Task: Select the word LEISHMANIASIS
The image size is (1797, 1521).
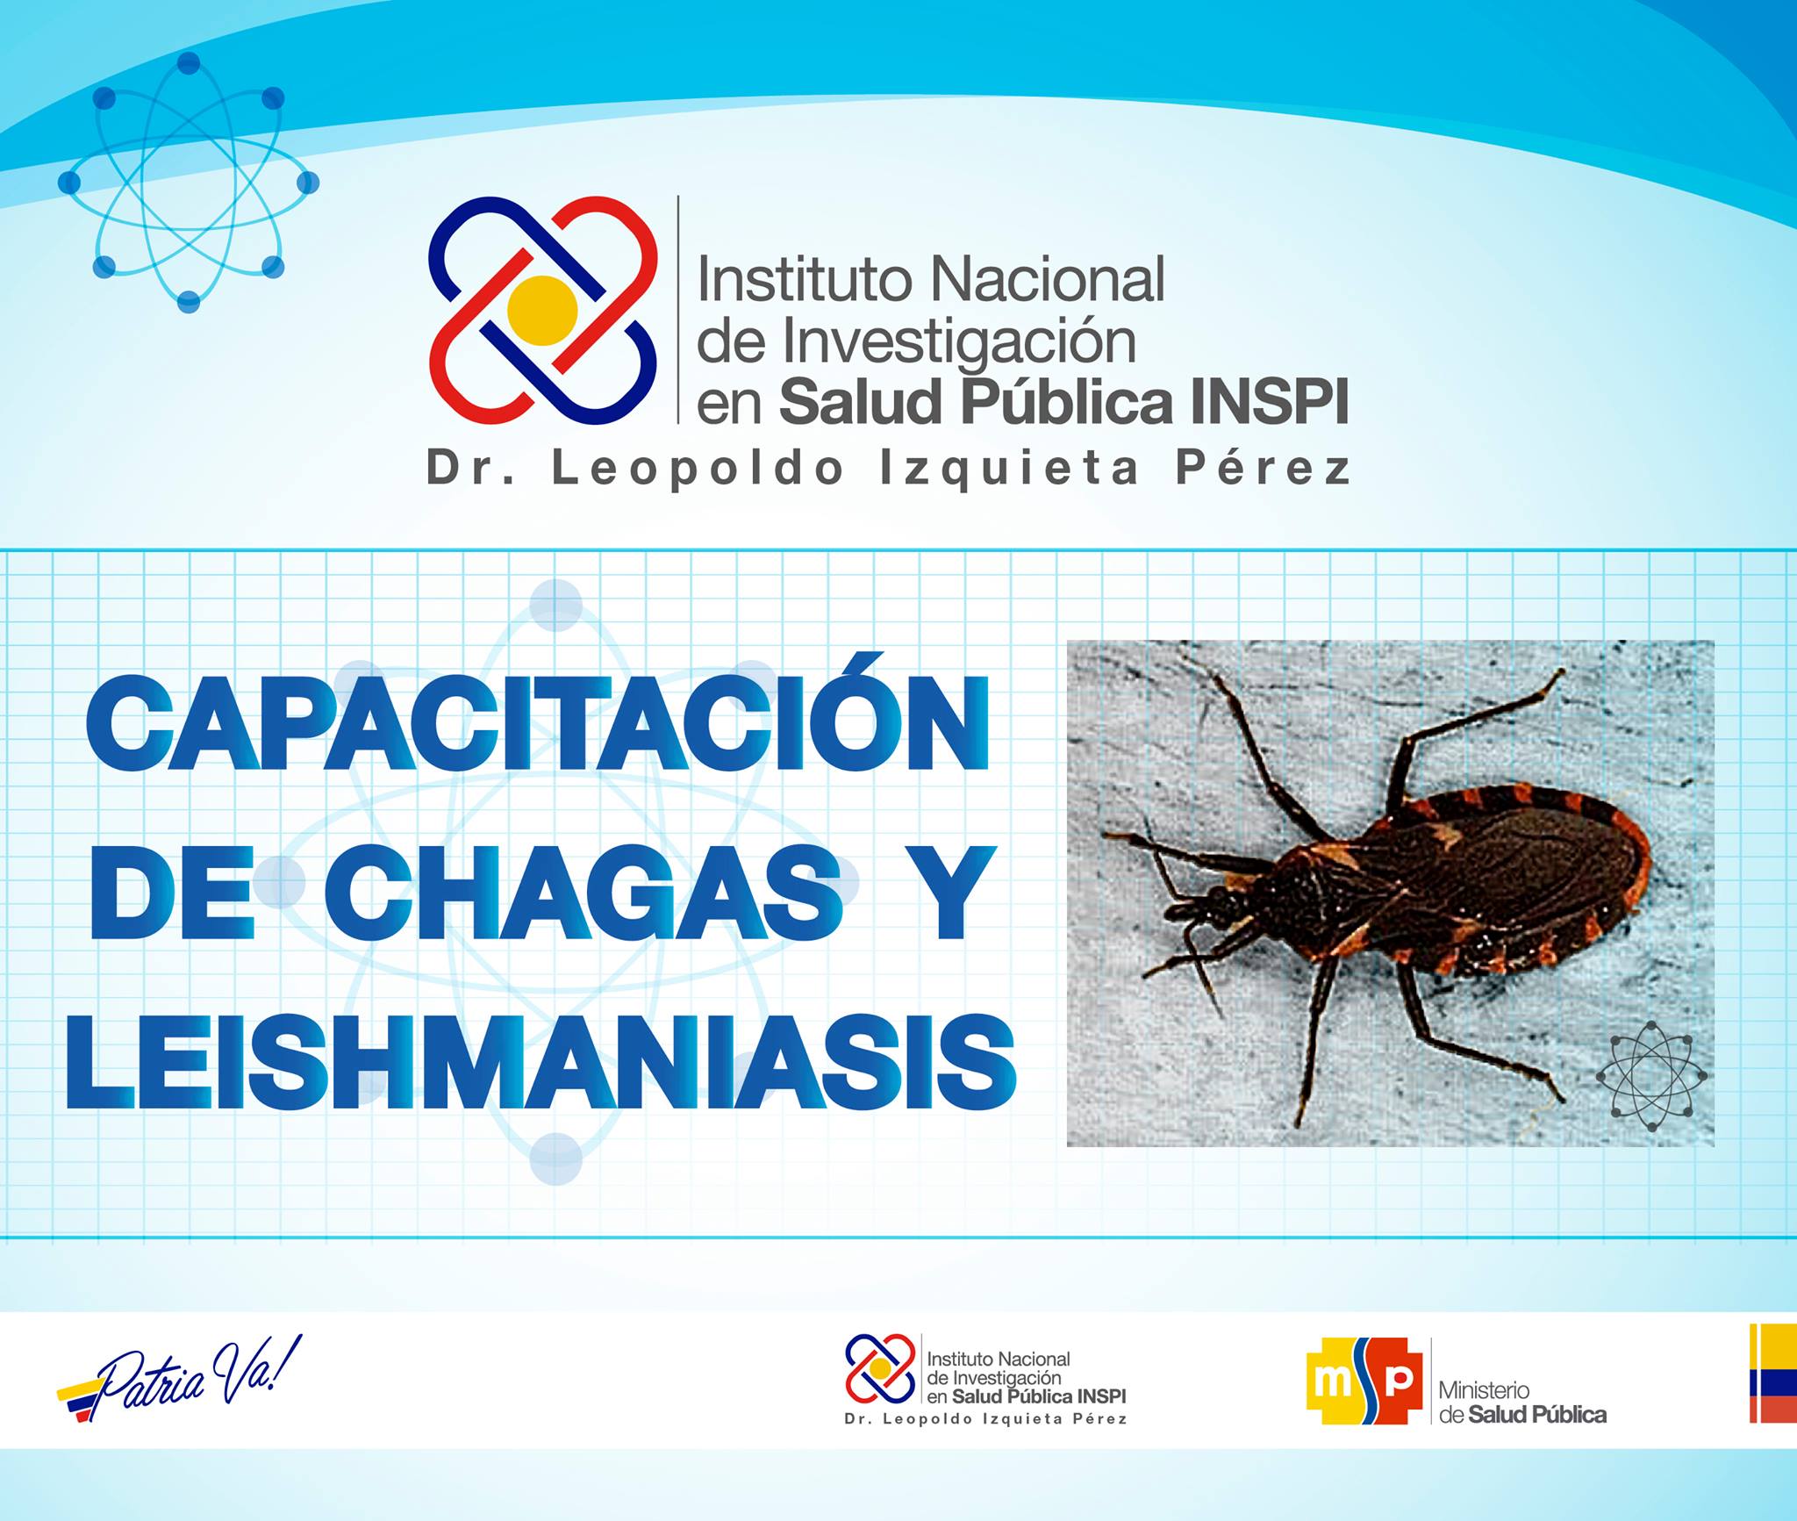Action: pos(541,1063)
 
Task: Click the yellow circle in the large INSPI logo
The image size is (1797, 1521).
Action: pos(542,311)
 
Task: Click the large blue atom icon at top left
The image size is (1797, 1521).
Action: pos(189,183)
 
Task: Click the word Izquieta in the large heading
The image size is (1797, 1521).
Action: pos(1009,469)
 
